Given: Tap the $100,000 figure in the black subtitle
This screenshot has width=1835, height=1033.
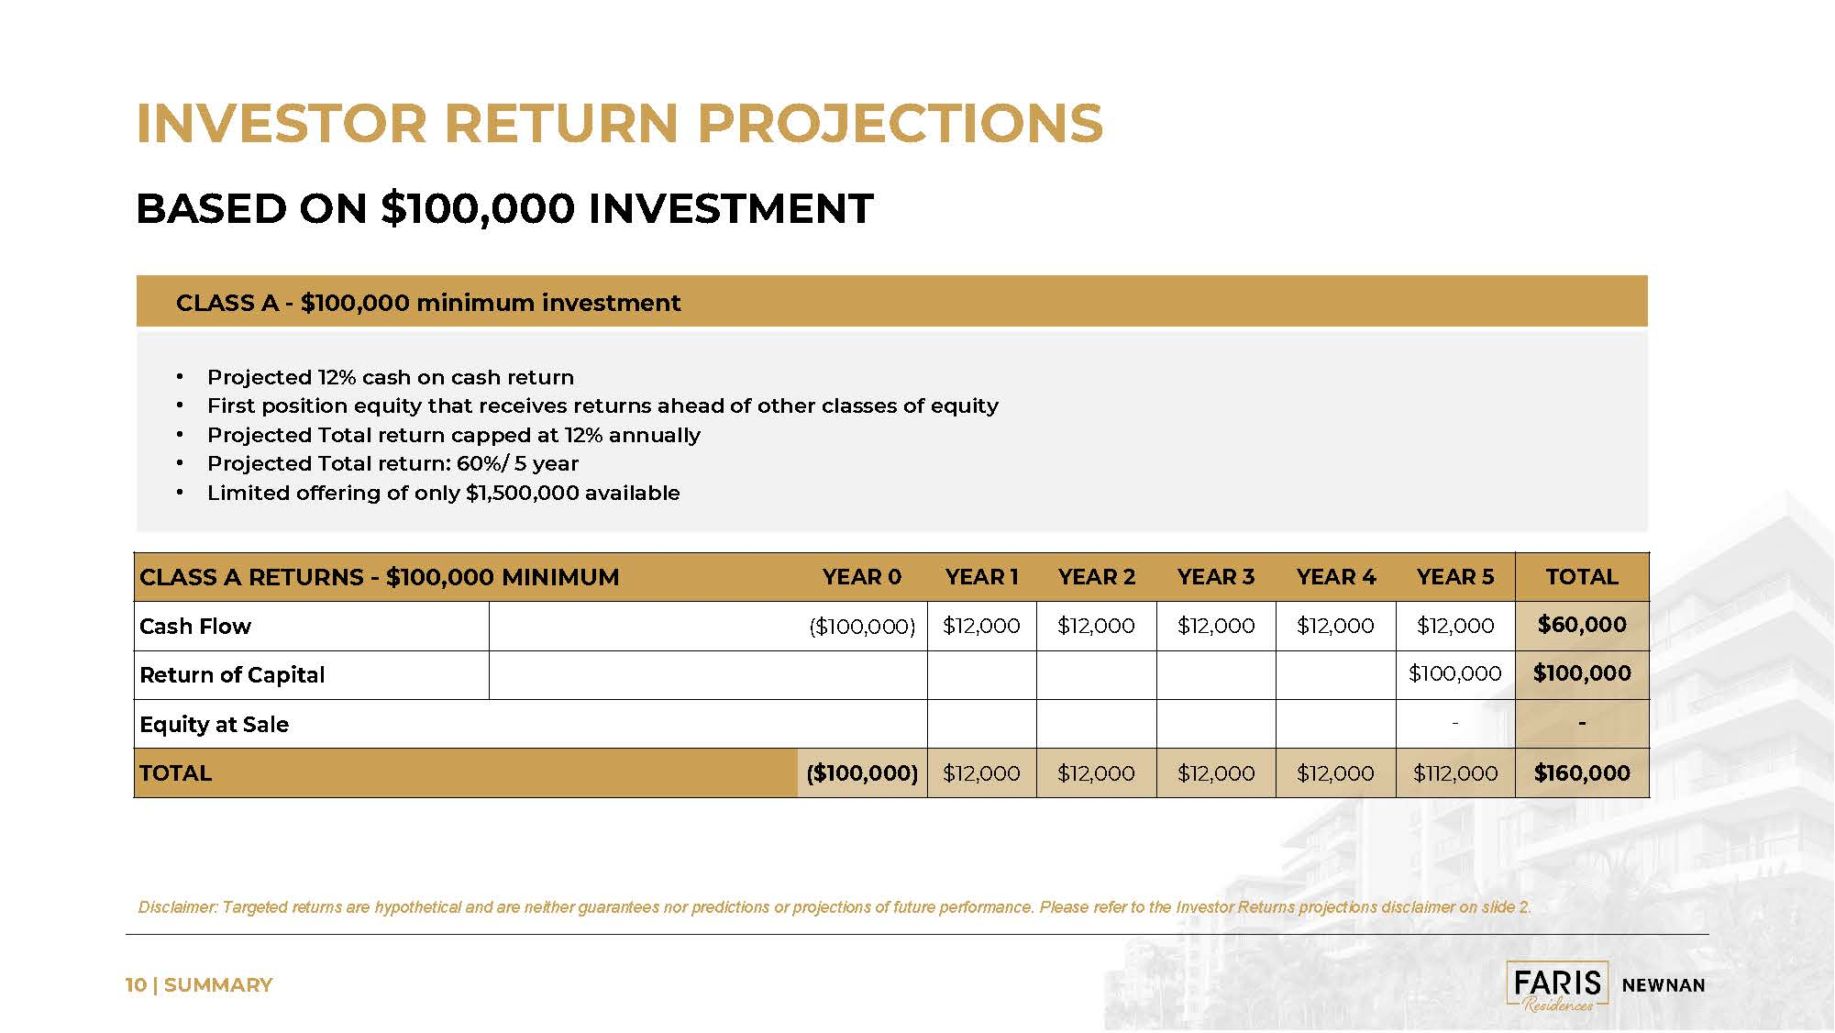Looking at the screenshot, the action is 478,208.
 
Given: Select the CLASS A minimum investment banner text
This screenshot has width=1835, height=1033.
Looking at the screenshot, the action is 428,303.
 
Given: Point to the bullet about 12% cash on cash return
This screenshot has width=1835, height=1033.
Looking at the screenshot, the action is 391,377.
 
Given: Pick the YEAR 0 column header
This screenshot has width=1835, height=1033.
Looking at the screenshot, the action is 862,577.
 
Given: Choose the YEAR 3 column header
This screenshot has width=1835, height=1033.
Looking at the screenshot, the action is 1216,577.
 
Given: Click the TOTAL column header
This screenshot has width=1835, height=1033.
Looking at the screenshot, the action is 1582,577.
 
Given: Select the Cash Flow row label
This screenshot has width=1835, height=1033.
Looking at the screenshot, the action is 195,627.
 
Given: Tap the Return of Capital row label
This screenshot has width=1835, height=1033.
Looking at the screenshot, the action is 232,675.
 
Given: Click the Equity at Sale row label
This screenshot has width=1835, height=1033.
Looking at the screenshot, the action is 214,725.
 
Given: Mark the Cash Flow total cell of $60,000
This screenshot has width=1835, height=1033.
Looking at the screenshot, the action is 1582,625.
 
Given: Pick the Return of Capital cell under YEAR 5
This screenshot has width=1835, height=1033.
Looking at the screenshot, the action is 1455,673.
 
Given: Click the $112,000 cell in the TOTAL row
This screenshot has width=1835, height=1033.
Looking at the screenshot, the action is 1455,773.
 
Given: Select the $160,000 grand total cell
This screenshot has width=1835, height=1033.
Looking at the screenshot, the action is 1582,773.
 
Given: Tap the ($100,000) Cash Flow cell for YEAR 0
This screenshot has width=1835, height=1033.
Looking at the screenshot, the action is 862,627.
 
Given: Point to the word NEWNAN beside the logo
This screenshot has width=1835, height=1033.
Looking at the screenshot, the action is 1664,985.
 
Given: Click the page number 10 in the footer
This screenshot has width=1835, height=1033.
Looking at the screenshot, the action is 136,985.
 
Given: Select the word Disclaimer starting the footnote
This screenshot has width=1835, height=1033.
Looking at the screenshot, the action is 178,907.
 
